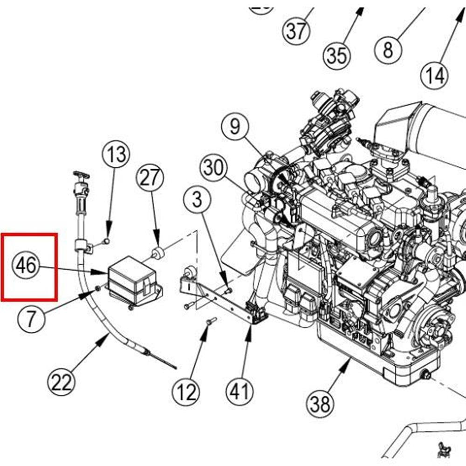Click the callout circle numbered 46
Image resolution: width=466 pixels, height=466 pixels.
point(26,266)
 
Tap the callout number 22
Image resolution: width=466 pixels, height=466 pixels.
point(62,383)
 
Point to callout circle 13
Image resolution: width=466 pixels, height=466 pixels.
point(116,154)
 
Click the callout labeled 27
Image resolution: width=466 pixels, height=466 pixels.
point(150,178)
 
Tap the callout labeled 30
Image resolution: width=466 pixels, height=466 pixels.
point(214,168)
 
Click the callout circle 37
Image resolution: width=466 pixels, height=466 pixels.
point(296,31)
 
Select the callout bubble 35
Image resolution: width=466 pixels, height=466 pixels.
point(336,55)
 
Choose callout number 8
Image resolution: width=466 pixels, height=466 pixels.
point(388,49)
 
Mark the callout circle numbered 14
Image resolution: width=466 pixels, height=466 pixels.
point(435,75)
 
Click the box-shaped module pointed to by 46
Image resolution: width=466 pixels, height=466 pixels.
point(131,280)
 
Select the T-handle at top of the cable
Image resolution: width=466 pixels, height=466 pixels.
point(81,175)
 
